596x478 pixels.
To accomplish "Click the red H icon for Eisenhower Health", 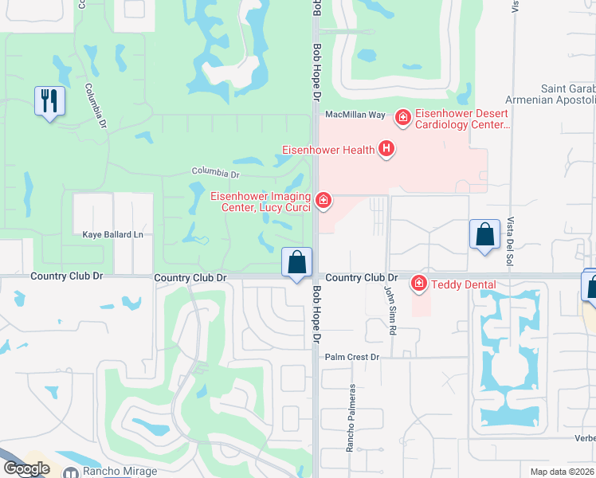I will point(386,148).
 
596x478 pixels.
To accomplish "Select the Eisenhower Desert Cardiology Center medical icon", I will point(403,118).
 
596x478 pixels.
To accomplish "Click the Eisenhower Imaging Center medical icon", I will point(323,200).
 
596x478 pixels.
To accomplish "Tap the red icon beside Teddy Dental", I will point(418,284).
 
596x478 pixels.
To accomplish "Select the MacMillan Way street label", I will point(355,115).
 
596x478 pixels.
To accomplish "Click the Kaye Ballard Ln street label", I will point(113,235).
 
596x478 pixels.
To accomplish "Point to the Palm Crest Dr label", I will point(352,357).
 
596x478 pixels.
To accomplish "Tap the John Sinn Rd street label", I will point(390,306).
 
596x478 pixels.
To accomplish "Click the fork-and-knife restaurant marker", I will point(49,101).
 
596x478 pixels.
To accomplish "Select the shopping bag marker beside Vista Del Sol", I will point(484,235).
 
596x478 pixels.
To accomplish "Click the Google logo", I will point(26,468).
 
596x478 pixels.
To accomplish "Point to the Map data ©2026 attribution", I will point(563,472).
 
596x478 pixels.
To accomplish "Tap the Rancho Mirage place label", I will point(121,471).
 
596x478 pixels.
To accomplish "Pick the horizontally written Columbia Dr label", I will point(215,173).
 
